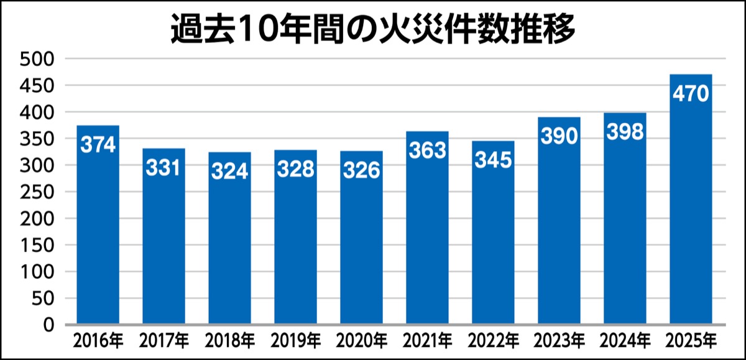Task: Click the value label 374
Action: pos(98,145)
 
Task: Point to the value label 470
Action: pos(691,94)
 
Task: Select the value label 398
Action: pos(625,132)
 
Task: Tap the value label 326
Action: pos(361,170)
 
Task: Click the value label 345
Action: pos(493,160)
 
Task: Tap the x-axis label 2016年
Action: pos(98,341)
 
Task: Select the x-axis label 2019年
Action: pos(295,341)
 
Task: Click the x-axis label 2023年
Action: pos(559,341)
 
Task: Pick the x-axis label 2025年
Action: pos(691,341)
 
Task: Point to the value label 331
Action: pos(163,168)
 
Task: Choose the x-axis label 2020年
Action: pos(361,341)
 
